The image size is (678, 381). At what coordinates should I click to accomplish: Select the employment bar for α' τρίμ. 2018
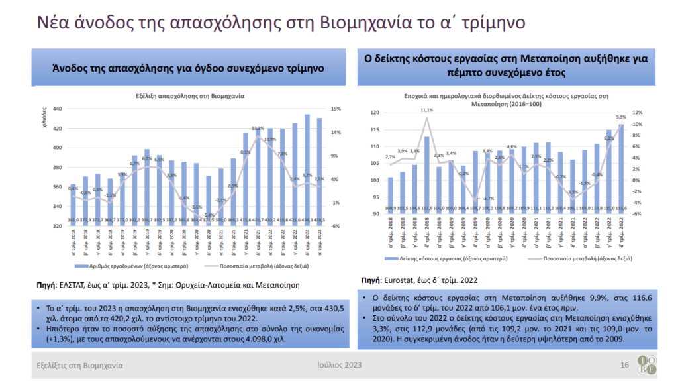pos(73,205)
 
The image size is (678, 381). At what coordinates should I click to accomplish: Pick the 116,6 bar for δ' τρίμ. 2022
pos(621,169)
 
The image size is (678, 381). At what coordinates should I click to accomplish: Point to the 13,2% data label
pos(258,128)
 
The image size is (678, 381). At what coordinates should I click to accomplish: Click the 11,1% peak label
pos(427,110)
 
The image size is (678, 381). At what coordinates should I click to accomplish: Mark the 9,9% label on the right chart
pos(621,117)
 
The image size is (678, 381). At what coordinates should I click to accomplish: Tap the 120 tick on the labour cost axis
pos(375,113)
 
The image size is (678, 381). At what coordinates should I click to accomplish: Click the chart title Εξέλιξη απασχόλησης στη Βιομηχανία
pos(190,95)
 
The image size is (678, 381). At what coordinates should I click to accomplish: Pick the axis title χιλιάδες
pos(46,123)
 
